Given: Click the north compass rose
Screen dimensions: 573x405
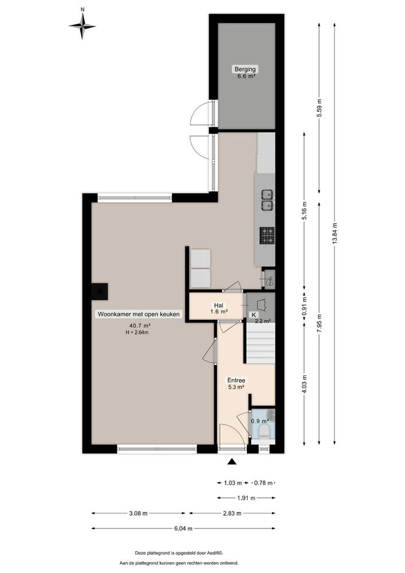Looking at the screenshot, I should pos(82,25).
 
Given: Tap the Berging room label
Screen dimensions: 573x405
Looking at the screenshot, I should pos(245,69).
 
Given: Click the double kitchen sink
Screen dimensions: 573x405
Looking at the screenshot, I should pos(267,198).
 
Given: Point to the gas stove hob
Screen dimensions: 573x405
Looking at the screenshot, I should pos(267,234).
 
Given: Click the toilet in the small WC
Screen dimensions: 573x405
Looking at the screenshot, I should pos(264,431).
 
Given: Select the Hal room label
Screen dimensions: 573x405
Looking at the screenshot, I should pos(219,305).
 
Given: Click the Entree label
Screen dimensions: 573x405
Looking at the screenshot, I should pos(237,380).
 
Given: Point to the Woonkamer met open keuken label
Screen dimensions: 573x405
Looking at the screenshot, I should pos(139,314).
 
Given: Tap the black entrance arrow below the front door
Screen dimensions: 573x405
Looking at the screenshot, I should pos(232,462).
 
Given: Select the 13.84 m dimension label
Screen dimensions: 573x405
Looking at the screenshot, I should pos(335,233).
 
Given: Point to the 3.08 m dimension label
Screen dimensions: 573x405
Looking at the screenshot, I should pos(137,513).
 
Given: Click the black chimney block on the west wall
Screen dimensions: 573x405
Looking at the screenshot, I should pos(101,291).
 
